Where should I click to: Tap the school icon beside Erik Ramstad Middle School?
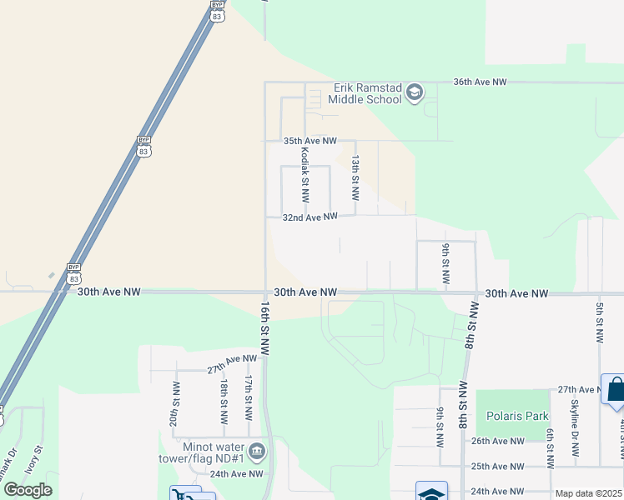coord(415,93)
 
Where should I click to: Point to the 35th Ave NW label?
coord(309,142)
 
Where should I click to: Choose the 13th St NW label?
coord(355,177)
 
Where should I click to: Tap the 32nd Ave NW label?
coord(309,217)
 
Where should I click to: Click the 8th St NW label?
coord(472,328)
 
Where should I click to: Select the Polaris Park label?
coord(517,416)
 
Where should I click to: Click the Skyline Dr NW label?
coord(574,427)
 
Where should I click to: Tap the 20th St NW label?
coord(174,403)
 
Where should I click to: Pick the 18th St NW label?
coord(224,402)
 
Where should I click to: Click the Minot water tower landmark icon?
coord(257,452)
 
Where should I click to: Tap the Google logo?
coord(28,490)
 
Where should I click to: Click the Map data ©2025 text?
coord(588,493)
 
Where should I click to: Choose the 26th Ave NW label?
coord(498,441)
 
